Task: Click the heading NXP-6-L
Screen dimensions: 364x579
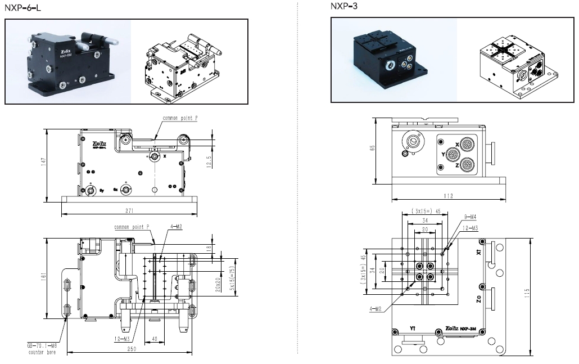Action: [23, 7]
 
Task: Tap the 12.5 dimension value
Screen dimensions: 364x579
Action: [209, 161]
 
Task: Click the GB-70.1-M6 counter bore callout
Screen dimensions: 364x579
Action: [43, 349]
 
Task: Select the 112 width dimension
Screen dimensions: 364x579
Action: [449, 196]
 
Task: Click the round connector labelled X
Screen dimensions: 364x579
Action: [467, 144]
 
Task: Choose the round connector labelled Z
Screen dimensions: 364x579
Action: [467, 165]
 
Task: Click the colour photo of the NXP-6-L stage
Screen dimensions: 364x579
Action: [67, 62]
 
